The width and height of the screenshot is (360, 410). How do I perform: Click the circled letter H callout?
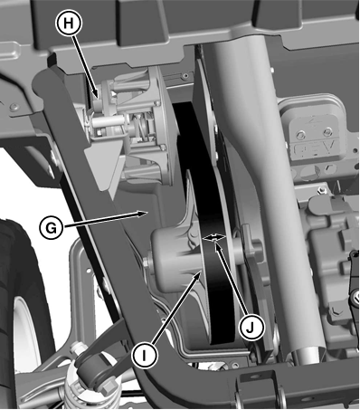[x=69, y=24]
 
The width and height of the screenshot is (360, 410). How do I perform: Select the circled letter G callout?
[x=52, y=228]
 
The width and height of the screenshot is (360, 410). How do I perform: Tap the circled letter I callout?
[x=145, y=356]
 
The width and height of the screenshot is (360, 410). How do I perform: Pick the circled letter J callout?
[x=251, y=328]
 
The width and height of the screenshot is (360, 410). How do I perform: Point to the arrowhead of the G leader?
[x=143, y=214]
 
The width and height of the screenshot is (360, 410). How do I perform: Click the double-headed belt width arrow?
[x=214, y=238]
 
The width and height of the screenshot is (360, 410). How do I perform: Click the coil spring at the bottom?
[x=81, y=392]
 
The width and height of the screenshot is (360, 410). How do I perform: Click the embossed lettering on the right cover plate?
[x=314, y=148]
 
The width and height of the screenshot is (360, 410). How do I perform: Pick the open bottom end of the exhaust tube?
[x=308, y=356]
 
